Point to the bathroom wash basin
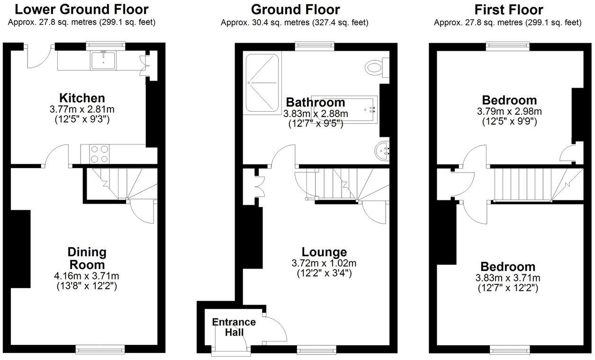pyautogui.click(x=383, y=151)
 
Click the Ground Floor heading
pyautogui.click(x=295, y=9)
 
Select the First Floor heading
pyautogui.click(x=508, y=9)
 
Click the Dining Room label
pyautogui.click(x=86, y=258)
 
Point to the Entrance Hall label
pyautogui.click(x=234, y=327)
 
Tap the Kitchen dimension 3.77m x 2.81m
pyautogui.click(x=82, y=109)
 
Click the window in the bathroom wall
pyautogui.click(x=314, y=45)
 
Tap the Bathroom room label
pyautogui.click(x=316, y=102)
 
